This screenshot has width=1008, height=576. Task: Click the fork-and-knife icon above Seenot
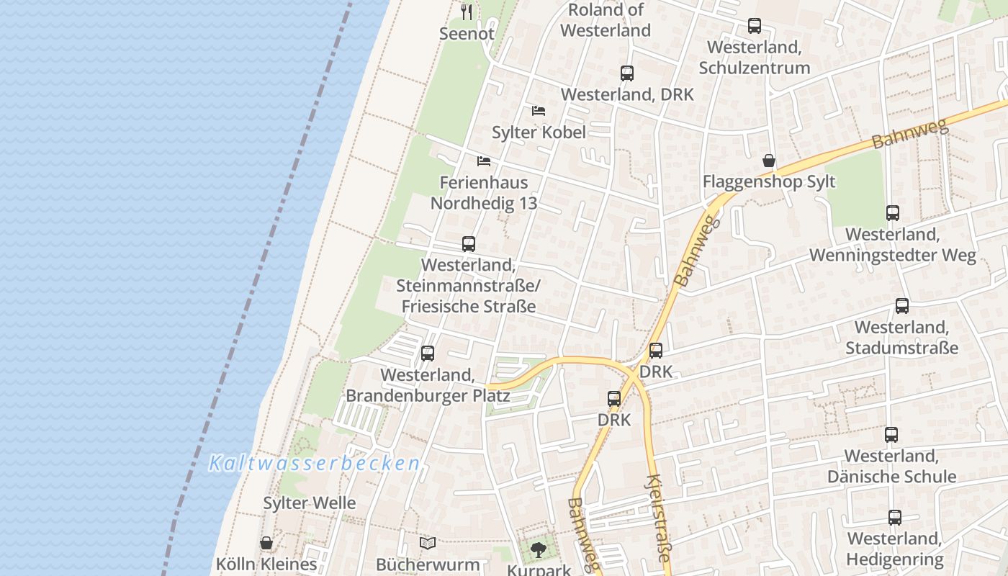coord(467,12)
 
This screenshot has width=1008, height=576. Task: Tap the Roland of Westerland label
coord(605,20)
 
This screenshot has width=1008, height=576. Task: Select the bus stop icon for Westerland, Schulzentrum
coord(755,26)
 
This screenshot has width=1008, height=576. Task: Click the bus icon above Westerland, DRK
coord(627,73)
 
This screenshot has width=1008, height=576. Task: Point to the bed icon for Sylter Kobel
coord(539,111)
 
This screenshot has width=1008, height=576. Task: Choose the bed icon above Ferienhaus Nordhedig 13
coord(484,161)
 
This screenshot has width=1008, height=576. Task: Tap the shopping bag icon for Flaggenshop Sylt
coord(769,160)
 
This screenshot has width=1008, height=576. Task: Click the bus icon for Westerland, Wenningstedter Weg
coord(893,213)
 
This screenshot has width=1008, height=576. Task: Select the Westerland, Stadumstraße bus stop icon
coord(902,306)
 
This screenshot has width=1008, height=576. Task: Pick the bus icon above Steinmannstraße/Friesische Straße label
coord(469,244)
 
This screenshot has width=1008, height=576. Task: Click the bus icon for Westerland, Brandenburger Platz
coord(428,354)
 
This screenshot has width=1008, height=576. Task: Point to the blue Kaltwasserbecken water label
coord(314,464)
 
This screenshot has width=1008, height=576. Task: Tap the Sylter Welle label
coord(310,503)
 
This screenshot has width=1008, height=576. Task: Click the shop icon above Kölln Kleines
coord(266,543)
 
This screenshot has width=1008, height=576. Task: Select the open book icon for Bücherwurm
coord(428,543)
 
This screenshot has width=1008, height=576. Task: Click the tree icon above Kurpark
coord(538,550)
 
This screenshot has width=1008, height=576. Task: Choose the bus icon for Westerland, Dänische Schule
coord(891,435)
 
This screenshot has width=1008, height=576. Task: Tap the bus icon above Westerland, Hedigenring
coord(894,518)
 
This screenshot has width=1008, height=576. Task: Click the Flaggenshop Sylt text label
coord(769,181)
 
